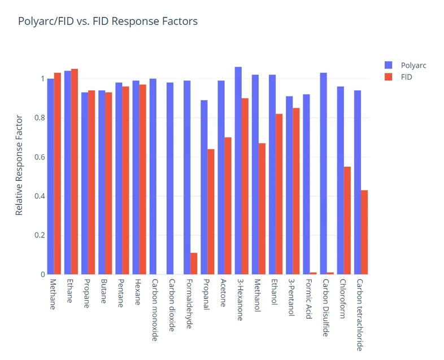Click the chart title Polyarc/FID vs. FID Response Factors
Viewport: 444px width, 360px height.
pos(108,22)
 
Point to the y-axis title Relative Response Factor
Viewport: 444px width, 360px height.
pos(19,165)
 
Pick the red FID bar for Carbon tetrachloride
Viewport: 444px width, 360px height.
pos(364,232)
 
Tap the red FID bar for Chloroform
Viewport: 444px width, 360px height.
pos(347,220)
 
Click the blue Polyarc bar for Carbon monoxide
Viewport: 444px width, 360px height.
pos(153,176)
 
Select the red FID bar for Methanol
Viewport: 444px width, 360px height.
pos(262,209)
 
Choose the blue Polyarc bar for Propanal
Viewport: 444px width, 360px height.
pos(204,187)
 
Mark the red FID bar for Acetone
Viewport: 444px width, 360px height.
pos(228,206)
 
